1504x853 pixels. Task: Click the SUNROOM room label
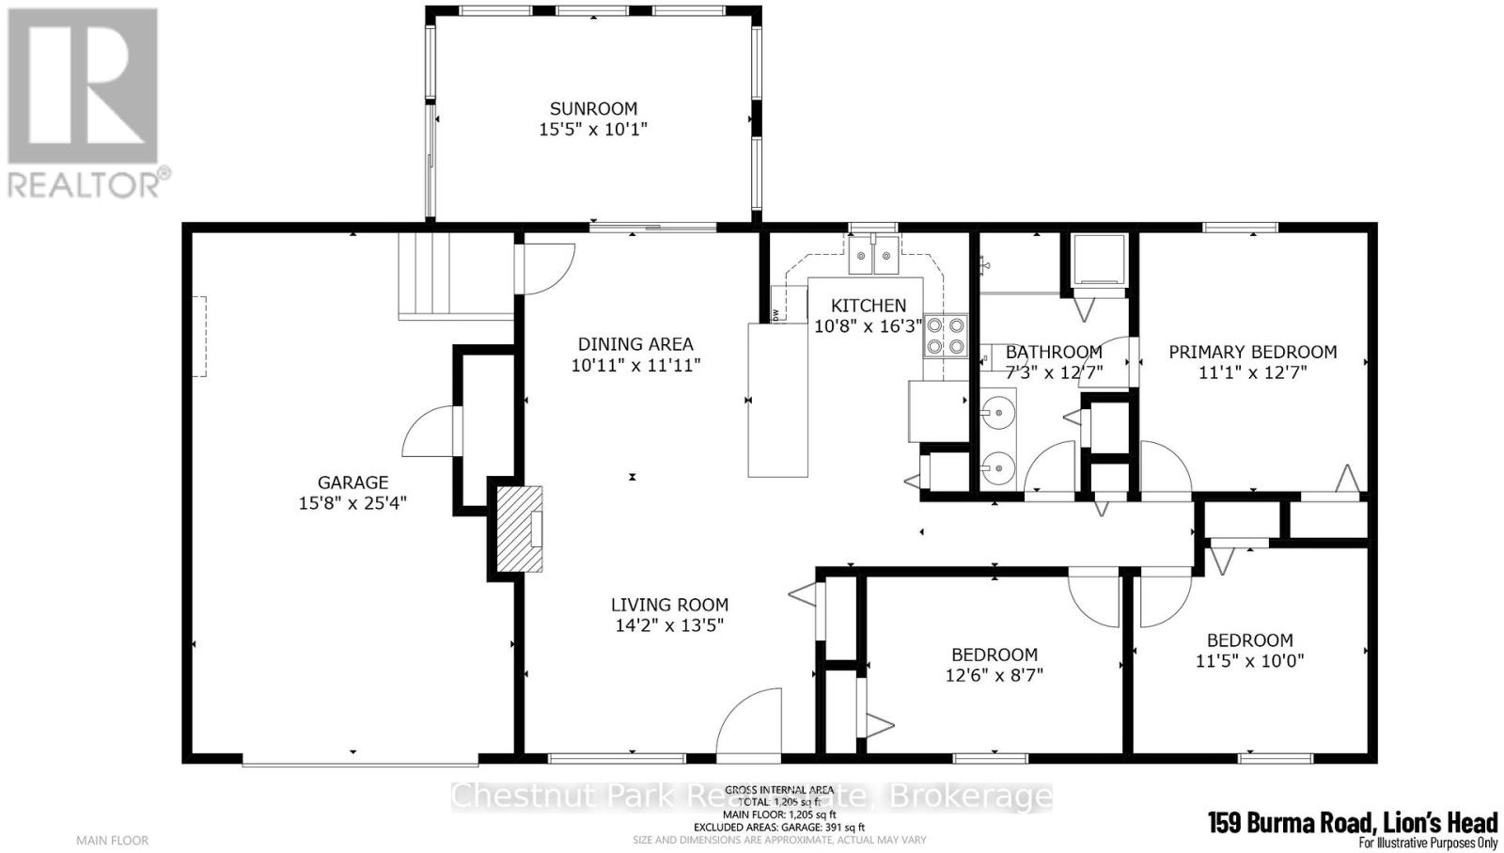coord(593,108)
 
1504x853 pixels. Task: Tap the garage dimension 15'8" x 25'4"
coord(352,503)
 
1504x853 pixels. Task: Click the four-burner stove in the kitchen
coord(946,336)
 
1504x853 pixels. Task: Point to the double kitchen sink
coord(873,255)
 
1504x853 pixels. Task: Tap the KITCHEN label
coord(869,306)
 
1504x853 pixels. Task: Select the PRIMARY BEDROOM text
coord(1252,352)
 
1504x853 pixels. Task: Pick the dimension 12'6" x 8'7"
coord(995,675)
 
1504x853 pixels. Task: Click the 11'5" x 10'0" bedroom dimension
coord(1249,661)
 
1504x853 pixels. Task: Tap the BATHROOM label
coord(1054,352)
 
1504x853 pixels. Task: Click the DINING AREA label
coord(635,344)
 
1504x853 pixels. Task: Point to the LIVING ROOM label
coord(669,605)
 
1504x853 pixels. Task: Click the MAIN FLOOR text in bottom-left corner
coord(112,840)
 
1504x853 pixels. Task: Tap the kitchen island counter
coord(777,400)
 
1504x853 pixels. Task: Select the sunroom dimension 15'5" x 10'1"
coord(593,129)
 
